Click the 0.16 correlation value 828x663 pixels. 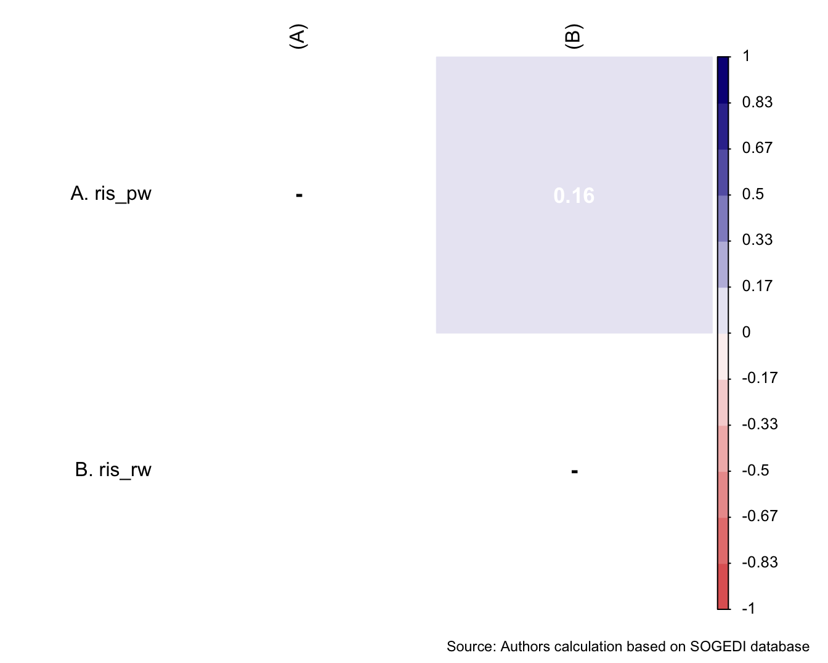tap(574, 196)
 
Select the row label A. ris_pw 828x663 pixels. tap(111, 194)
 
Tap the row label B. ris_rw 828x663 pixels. tap(113, 470)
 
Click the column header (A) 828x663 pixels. tap(298, 37)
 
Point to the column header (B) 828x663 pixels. tap(574, 37)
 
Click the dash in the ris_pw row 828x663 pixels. tap(299, 196)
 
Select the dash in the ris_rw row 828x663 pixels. tap(574, 472)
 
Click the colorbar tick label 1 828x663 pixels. tap(746, 56)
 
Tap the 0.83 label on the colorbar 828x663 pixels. tap(757, 102)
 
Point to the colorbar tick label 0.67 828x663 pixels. tap(757, 148)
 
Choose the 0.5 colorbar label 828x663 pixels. tap(753, 194)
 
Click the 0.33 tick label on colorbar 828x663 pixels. tap(757, 240)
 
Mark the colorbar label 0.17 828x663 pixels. tap(757, 286)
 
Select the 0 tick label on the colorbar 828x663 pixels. tap(746, 332)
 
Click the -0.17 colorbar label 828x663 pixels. tap(760, 378)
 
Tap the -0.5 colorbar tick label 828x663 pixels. tap(755, 471)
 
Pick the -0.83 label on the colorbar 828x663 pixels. tap(760, 562)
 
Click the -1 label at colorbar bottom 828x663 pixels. tap(749, 609)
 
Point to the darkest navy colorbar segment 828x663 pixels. tap(723, 79)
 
